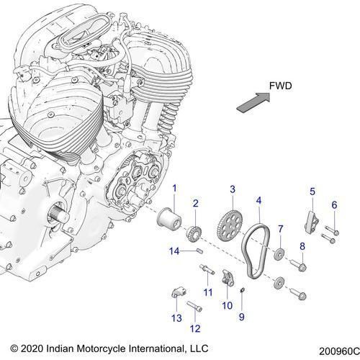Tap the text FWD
click(280, 85)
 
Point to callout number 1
click(174, 189)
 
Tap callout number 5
click(312, 191)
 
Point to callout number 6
click(333, 205)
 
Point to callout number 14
click(173, 250)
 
